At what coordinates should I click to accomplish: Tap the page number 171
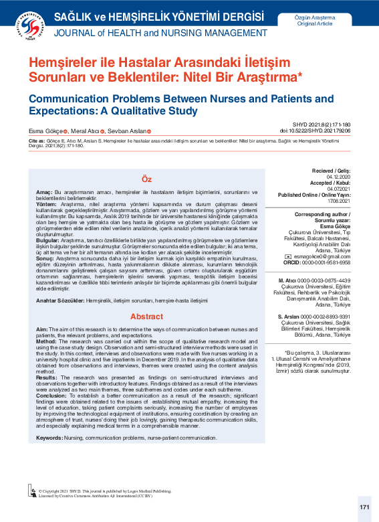point(364,507)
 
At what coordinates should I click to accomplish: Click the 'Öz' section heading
point(146,180)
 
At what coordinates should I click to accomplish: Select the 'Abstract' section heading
point(146,316)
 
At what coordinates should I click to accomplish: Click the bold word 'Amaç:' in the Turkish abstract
point(44,192)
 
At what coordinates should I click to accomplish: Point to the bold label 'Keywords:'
point(50,437)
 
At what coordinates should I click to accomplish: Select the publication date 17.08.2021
point(338,199)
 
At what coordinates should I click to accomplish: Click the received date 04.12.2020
point(340,177)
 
